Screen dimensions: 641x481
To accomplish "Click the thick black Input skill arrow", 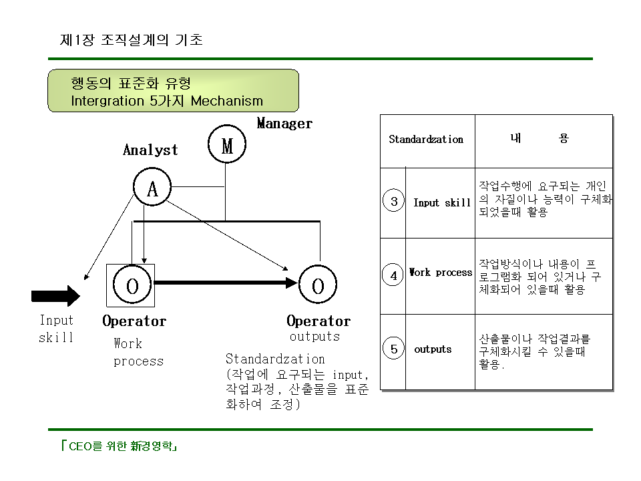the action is [x=55, y=296].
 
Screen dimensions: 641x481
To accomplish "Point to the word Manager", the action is [x=284, y=123].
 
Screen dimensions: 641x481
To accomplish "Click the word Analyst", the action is [x=150, y=150].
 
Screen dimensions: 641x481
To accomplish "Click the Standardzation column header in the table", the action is [x=426, y=140].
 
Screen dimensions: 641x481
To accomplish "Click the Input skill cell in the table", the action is [x=442, y=202].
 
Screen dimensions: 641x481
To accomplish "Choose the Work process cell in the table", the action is [x=441, y=273].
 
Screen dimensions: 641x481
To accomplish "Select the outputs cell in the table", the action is [x=433, y=349].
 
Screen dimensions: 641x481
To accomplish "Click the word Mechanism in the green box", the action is [x=227, y=101].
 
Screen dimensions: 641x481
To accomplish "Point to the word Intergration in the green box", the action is [x=107, y=101].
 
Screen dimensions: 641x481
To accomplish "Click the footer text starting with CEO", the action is [x=119, y=446].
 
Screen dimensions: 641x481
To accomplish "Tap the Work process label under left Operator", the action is [x=138, y=352].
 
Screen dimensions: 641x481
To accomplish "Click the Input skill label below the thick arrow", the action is [x=56, y=329].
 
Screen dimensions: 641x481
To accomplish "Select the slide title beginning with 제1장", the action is [x=132, y=39].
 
